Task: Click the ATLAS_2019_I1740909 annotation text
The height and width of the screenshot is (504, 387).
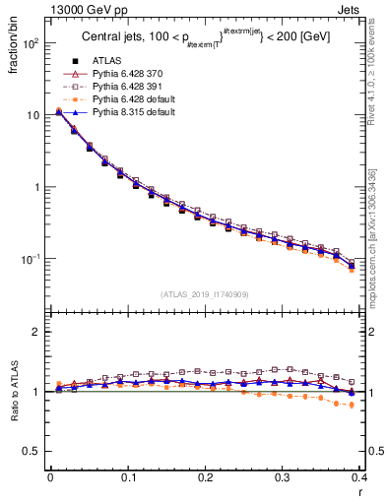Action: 205,294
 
